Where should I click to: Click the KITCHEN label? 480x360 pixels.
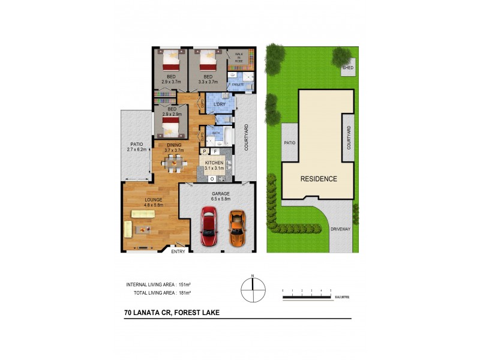[214, 163]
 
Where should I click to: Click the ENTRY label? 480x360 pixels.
[178, 251]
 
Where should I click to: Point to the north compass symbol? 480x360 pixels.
[253, 290]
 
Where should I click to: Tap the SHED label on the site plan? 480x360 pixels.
[347, 68]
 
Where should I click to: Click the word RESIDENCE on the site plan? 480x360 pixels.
[319, 179]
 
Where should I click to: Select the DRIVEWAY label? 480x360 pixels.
[340, 229]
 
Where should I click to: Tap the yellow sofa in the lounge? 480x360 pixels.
[128, 229]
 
